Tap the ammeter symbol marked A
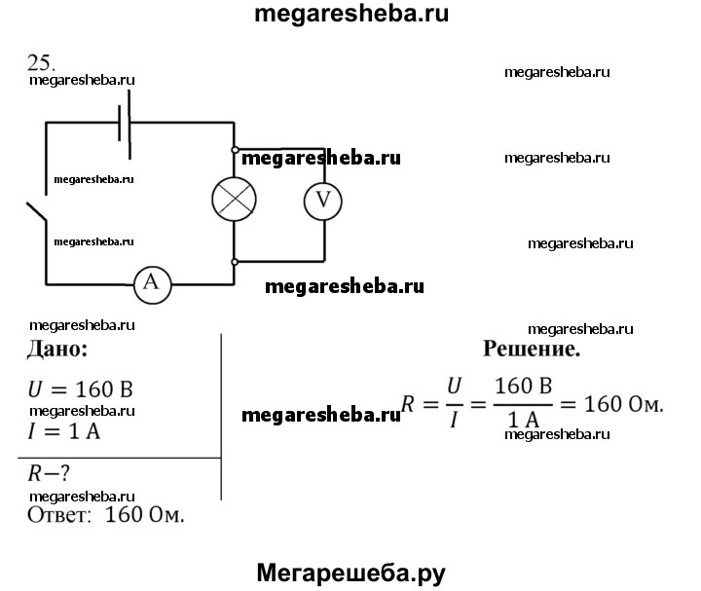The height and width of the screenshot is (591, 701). (151, 283)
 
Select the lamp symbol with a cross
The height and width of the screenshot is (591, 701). (235, 200)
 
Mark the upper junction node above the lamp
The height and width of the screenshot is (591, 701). (235, 150)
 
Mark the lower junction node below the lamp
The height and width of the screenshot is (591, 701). (235, 262)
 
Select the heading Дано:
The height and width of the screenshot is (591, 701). (59, 349)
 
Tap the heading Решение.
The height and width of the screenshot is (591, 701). (532, 349)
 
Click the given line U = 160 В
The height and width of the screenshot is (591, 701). (81, 389)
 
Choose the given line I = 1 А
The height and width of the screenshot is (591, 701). (65, 429)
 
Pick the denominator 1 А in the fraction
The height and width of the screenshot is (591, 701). (523, 420)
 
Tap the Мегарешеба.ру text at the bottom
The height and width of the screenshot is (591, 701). (350, 573)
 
